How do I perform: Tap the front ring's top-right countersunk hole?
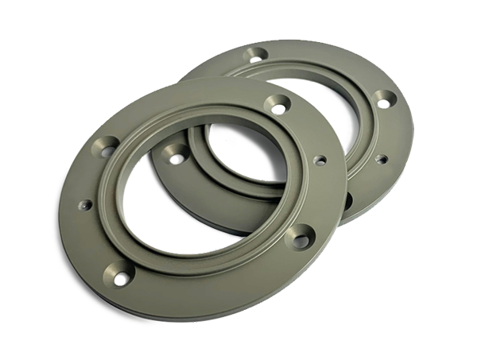[x=278, y=103]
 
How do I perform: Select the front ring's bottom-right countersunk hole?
[x=301, y=234]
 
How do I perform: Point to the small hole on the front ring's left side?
[x=83, y=205]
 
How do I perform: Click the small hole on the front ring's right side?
[x=320, y=161]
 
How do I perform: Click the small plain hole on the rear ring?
[x=378, y=159]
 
